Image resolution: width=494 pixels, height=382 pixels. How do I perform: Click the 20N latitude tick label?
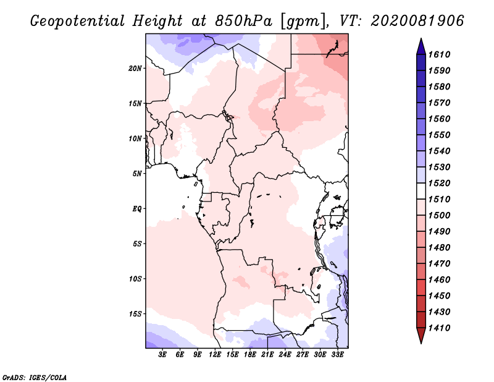135,69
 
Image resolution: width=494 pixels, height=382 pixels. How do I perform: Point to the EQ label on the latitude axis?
136,209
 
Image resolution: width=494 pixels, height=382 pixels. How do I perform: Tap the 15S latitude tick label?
135,314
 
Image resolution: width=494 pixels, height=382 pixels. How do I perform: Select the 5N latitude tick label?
137,174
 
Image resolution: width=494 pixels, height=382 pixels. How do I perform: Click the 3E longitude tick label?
162,355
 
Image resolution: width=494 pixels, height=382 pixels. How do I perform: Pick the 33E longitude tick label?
337,355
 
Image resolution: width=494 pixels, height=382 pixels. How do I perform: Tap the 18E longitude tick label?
250,355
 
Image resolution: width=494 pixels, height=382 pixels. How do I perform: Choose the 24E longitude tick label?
285,355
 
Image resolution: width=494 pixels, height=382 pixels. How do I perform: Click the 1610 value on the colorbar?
439,54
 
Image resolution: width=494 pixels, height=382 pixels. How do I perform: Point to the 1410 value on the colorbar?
439,328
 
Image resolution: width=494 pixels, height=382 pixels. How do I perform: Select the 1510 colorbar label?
439,199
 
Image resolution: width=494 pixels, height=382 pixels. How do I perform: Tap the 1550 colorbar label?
439,135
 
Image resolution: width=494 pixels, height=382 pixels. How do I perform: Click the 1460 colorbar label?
439,279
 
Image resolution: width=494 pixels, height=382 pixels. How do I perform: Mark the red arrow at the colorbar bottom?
421,334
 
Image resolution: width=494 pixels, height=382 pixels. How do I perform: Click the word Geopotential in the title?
78,22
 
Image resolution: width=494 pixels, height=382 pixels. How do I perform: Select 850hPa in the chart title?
243,21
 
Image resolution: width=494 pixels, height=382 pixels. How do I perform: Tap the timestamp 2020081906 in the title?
417,21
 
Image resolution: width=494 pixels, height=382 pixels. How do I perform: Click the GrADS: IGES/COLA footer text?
35,378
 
